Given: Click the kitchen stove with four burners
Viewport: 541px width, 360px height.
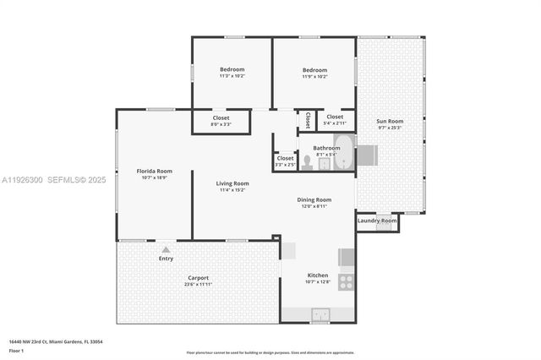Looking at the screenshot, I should [x=347, y=281].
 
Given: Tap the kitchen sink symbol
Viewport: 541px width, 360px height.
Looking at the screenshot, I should [x=320, y=314].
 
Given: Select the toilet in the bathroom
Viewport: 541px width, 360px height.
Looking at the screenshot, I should [x=307, y=162].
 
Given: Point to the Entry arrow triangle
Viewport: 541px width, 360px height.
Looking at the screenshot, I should [x=166, y=249].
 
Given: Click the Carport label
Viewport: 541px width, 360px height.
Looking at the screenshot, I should [x=198, y=278].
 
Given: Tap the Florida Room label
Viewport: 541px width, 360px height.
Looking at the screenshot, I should [x=154, y=171].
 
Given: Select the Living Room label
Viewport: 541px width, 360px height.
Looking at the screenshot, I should [x=232, y=183].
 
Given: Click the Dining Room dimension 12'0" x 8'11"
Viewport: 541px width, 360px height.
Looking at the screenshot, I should [x=314, y=206].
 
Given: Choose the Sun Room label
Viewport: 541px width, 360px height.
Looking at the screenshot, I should [x=390, y=121].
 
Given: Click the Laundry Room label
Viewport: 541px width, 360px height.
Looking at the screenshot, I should [x=377, y=221].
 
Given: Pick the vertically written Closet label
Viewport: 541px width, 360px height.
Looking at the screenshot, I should [x=307, y=119].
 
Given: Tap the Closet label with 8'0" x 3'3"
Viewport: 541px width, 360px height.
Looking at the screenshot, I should [x=221, y=121].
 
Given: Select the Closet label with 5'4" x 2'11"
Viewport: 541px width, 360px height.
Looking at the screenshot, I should [x=335, y=119].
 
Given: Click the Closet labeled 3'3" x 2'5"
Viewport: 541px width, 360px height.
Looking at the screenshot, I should [x=286, y=161].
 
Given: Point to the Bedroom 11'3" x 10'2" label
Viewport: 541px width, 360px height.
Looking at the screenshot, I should [x=232, y=72].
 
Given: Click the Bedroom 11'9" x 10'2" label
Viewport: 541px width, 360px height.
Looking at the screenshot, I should [x=314, y=72].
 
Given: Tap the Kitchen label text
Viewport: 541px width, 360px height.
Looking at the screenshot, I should [x=318, y=275].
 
